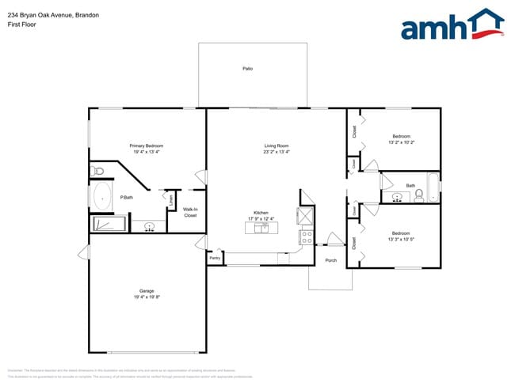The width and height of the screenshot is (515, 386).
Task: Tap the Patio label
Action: tap(248, 70)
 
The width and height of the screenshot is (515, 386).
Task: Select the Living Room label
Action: tap(277, 146)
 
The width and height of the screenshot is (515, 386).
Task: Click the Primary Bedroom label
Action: tap(147, 146)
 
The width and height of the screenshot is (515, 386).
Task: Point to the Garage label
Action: tap(147, 291)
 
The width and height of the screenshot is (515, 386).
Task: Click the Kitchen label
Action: tap(261, 214)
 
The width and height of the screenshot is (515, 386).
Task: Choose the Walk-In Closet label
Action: tap(190, 212)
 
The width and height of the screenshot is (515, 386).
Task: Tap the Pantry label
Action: tap(215, 258)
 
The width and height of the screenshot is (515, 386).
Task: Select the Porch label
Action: tap(331, 260)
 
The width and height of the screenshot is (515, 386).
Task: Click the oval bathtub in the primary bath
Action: tap(102, 196)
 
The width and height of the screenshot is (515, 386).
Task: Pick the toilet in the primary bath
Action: tap(98, 171)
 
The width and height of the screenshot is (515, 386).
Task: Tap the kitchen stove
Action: tap(307, 235)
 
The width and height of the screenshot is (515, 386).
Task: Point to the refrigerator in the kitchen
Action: tap(306, 216)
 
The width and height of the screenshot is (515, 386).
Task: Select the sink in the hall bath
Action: tap(397, 195)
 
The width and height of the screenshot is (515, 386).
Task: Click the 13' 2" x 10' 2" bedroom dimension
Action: tap(402, 142)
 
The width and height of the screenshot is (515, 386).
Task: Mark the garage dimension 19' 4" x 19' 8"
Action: tap(147, 297)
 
